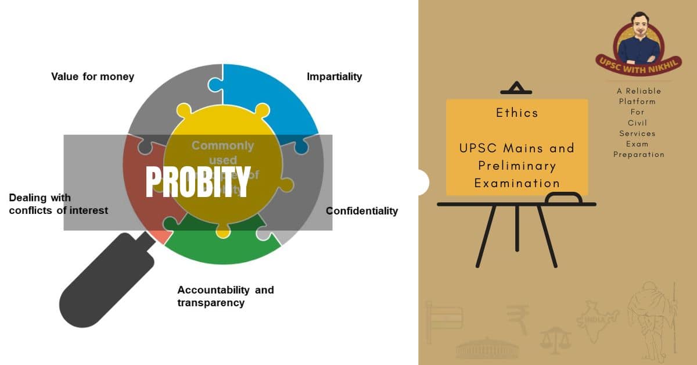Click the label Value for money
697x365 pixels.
(x=92, y=77)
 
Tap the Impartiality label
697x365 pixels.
(x=334, y=77)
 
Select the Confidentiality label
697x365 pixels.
(x=362, y=211)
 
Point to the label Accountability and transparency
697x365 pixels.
(x=225, y=296)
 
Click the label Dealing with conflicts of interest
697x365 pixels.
(x=58, y=204)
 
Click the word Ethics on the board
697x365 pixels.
(x=517, y=113)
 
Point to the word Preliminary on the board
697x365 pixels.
(x=517, y=166)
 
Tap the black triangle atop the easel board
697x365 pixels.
(x=516, y=89)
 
